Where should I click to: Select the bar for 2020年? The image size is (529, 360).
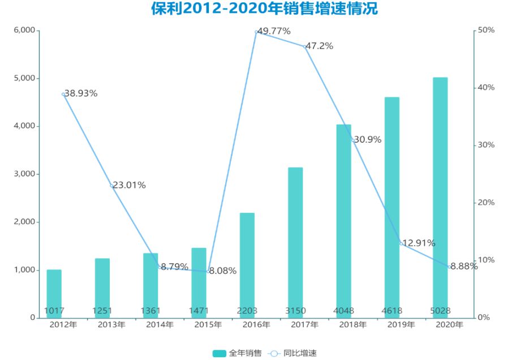tap(440, 198)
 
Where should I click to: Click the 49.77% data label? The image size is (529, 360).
tap(274, 31)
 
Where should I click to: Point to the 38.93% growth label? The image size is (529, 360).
tap(81, 93)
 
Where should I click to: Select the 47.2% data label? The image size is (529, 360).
tap(320, 46)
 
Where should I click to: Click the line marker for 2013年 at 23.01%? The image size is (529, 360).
tap(111, 185)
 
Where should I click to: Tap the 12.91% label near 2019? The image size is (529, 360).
tap(419, 243)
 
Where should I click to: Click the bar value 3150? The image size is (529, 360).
tap(295, 311)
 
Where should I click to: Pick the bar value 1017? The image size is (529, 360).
tap(54, 311)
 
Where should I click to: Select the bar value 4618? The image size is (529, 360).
tap(392, 311)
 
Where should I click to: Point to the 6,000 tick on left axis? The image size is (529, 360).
tap(23, 31)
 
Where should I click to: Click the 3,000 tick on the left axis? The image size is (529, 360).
tap(23, 174)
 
